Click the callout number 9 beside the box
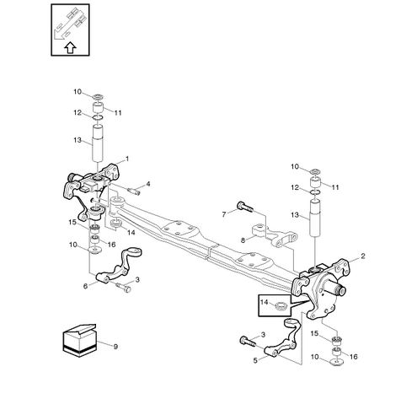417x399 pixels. click(x=115, y=347)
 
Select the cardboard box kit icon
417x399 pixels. click(x=80, y=340)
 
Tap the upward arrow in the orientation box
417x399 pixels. click(x=70, y=48)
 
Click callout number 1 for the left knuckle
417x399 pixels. click(x=127, y=159)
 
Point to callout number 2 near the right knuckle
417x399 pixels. click(x=363, y=256)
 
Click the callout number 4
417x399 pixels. click(x=148, y=184)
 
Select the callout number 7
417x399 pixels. click(x=224, y=214)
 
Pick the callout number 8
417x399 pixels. click(x=243, y=240)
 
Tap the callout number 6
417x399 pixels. click(x=85, y=286)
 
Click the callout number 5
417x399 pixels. click(x=255, y=360)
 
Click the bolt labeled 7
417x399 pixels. click(x=245, y=208)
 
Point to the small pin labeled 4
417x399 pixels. click(x=134, y=191)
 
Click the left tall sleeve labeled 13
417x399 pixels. click(x=98, y=143)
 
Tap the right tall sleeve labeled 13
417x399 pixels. click(x=316, y=218)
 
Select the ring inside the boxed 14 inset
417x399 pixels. click(x=281, y=305)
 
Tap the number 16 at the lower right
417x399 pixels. click(x=353, y=357)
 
